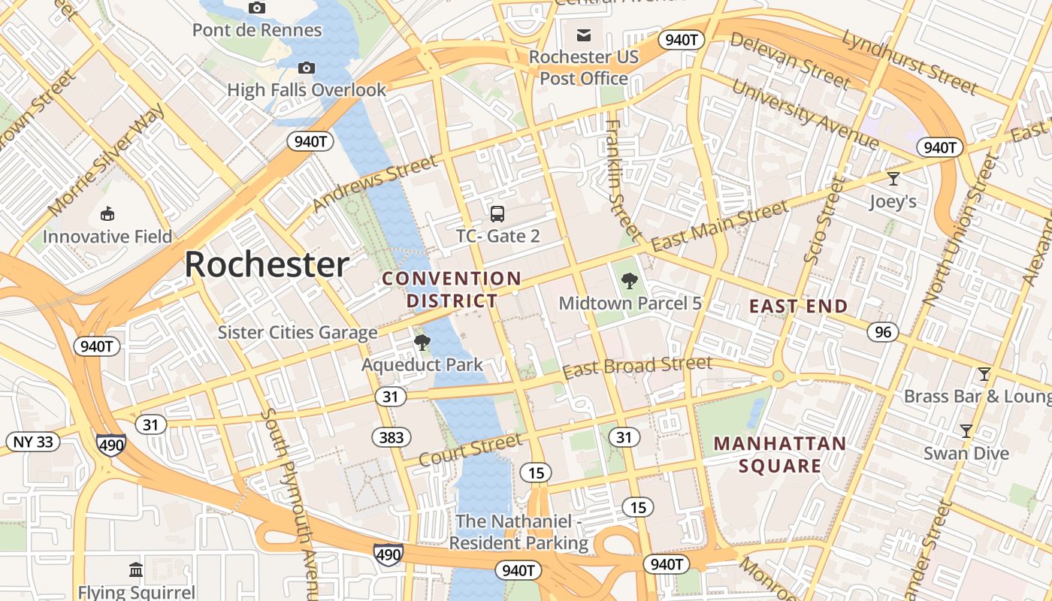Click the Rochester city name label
click(267, 265)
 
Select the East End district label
click(799, 307)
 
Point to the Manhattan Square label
click(780, 455)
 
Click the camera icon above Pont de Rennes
click(257, 8)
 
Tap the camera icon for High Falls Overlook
click(306, 68)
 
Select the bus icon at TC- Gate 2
click(497, 213)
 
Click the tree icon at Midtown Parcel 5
click(630, 281)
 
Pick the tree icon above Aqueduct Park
click(422, 343)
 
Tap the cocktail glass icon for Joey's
click(893, 179)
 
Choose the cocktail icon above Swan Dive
click(966, 431)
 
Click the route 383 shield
click(391, 436)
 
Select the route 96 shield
click(883, 331)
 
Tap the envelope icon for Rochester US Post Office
click(584, 35)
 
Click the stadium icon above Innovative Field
click(107, 214)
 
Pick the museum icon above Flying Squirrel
click(136, 569)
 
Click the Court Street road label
click(470, 449)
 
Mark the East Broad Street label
click(636, 367)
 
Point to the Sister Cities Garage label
click(298, 332)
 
